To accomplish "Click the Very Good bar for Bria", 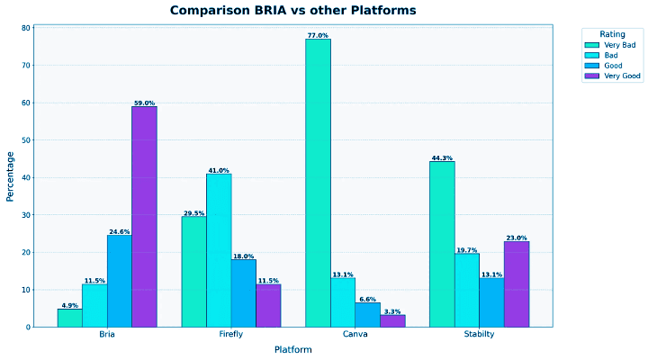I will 144,216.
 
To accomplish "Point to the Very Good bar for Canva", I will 392,320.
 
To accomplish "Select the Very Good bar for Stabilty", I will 516,283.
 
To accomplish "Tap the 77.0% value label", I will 318,35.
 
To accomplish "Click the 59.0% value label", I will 144,103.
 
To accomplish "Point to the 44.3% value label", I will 442,157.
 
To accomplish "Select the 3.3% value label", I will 392,310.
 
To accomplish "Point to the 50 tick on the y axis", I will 26,140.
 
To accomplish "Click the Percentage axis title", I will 11,176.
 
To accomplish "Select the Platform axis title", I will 292,349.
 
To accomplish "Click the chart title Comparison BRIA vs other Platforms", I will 292,10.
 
